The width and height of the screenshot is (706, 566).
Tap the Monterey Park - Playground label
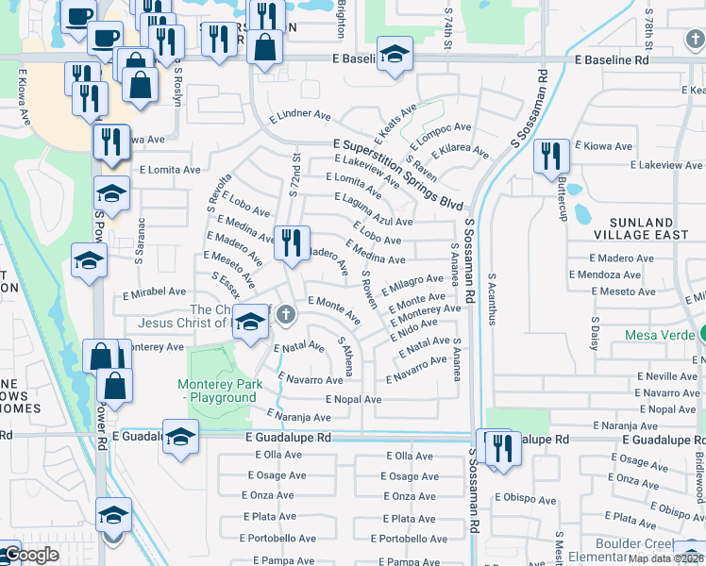click(217, 391)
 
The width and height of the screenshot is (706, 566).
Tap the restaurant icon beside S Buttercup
click(550, 157)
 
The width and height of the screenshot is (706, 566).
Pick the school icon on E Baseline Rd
click(395, 54)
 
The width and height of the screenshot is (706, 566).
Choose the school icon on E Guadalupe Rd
click(180, 436)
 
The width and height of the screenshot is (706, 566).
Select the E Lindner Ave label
click(299, 118)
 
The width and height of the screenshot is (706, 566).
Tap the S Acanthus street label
click(491, 300)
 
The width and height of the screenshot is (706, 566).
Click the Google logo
click(31, 555)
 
